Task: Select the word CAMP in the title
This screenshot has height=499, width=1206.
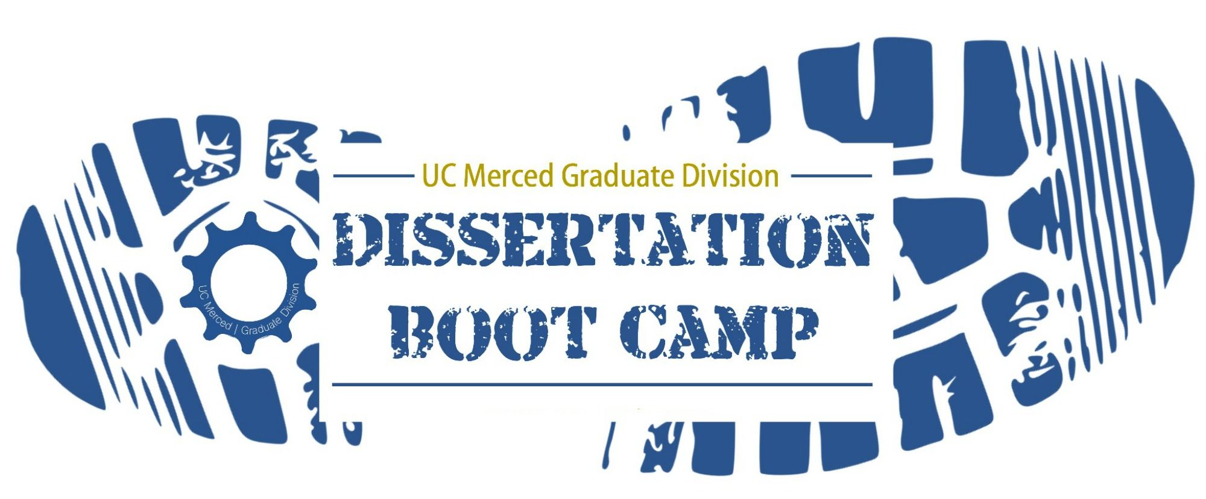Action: point(719,333)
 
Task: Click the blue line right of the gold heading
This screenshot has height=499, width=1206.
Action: point(831,176)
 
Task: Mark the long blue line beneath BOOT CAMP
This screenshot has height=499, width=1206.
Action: point(602,384)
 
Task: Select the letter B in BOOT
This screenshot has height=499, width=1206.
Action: point(417,333)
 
